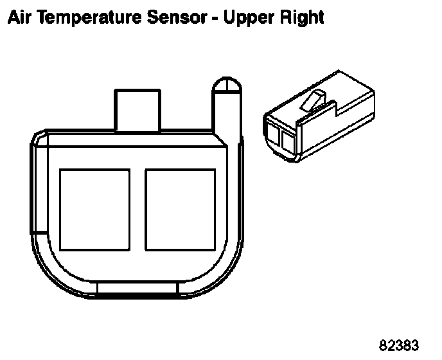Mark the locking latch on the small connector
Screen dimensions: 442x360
coord(314,102)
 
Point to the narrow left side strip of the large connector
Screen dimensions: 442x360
coord(39,186)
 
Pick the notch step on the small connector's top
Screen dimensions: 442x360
coord(334,109)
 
